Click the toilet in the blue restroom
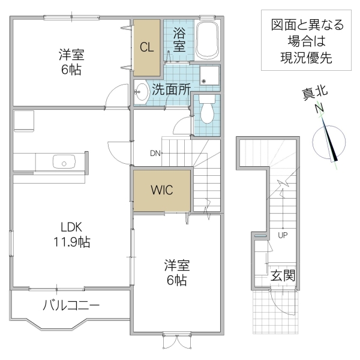click(x=207, y=110)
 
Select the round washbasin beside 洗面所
click(x=142, y=92)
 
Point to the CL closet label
click(x=147, y=47)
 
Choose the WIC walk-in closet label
click(x=162, y=190)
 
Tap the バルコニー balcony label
click(x=71, y=305)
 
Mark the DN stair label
click(x=155, y=153)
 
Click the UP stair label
click(x=283, y=235)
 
